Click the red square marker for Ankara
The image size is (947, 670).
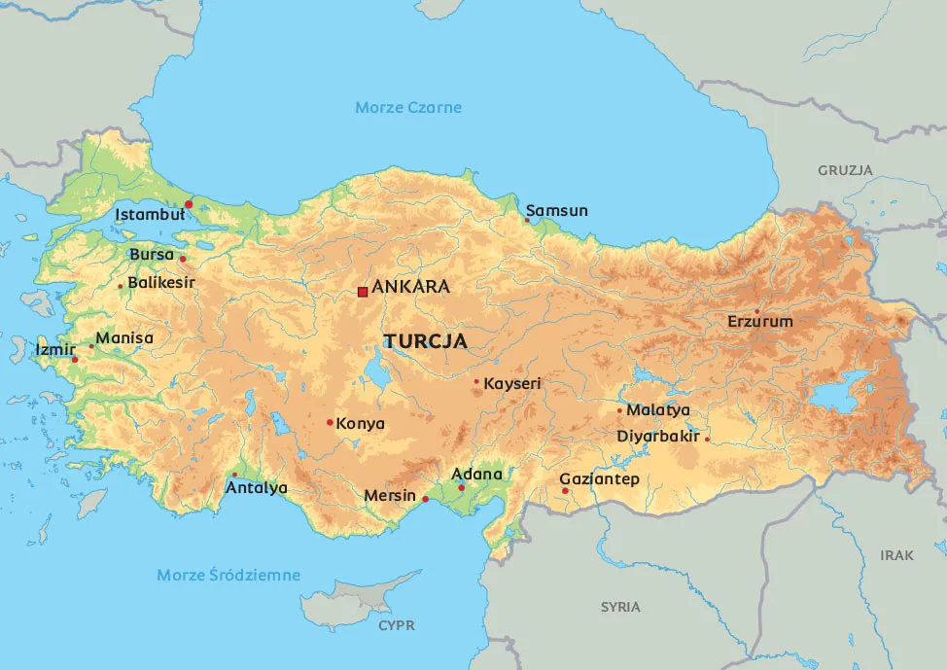[x=363, y=291]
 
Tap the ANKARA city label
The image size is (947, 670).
[x=410, y=287]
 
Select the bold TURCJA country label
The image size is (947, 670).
[x=426, y=342]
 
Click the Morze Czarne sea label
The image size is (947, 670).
[x=408, y=107]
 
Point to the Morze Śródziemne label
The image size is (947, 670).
[x=228, y=576]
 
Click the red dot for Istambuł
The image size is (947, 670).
[x=189, y=204]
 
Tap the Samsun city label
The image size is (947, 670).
[x=557, y=211]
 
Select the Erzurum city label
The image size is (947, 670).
[x=760, y=322]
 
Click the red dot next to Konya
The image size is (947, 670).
[x=330, y=422]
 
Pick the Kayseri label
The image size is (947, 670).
[x=511, y=384]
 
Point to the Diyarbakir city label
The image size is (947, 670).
[x=658, y=437]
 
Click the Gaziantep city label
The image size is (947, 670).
[x=599, y=479]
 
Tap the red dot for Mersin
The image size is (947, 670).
[x=425, y=499]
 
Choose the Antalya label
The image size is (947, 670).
[x=257, y=488]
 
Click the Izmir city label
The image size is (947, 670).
[x=55, y=349]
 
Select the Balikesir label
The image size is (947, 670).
[x=161, y=283]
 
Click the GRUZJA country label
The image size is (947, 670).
[x=845, y=170]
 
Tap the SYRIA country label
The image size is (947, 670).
[x=620, y=607]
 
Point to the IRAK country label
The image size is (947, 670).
[x=896, y=555]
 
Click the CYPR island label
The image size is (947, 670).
[x=397, y=625]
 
